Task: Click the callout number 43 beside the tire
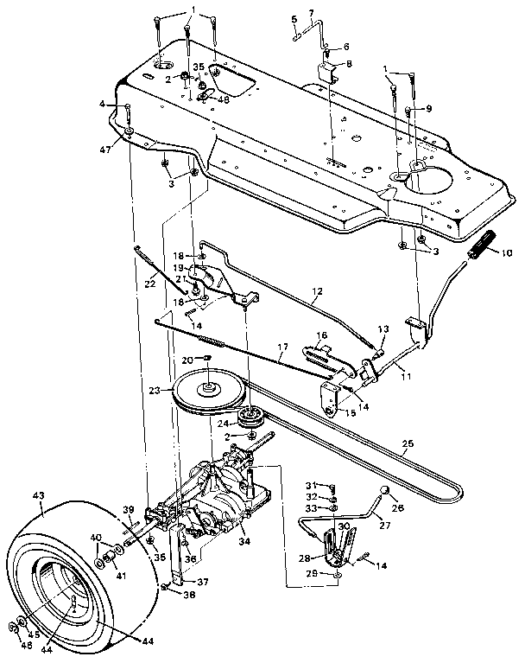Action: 37,495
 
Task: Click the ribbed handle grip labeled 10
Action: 486,244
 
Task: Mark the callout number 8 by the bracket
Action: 349,63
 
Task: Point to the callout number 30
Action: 343,526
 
